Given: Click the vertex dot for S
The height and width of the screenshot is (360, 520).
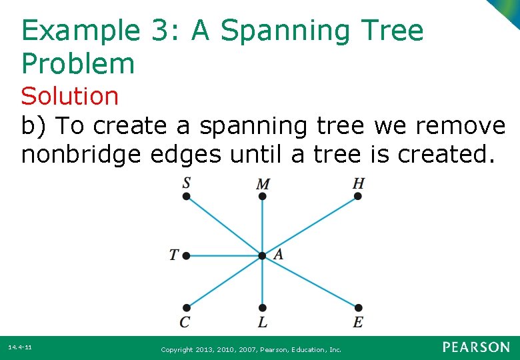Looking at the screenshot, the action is (x=187, y=196).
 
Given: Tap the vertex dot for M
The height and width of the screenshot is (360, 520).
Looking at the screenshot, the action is (x=263, y=197).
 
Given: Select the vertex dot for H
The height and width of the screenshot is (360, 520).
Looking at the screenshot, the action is (x=357, y=196).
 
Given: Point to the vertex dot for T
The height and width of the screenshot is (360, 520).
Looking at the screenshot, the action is (x=187, y=255).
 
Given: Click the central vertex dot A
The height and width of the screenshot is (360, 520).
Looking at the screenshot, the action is (x=263, y=255).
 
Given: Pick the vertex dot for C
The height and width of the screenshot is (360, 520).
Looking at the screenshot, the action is (x=187, y=307).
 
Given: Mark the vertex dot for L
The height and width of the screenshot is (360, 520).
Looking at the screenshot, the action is (x=263, y=307).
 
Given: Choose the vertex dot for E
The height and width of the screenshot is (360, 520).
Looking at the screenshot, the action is (x=358, y=307).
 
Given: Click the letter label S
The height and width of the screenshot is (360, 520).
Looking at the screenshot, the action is (x=187, y=183).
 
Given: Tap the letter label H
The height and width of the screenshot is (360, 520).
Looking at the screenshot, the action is (x=359, y=183).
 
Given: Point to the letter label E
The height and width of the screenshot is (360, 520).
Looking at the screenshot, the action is (x=358, y=323).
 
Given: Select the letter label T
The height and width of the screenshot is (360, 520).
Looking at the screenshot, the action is (x=174, y=255).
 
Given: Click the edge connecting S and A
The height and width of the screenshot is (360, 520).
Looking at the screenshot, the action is (x=225, y=226).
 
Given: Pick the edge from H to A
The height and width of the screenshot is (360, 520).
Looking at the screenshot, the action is (x=310, y=226).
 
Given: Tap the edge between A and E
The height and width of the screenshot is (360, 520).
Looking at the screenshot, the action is (x=310, y=281).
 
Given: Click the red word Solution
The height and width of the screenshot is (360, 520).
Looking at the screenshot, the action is (x=69, y=96).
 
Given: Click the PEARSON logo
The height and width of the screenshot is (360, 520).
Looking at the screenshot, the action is (x=476, y=347).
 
